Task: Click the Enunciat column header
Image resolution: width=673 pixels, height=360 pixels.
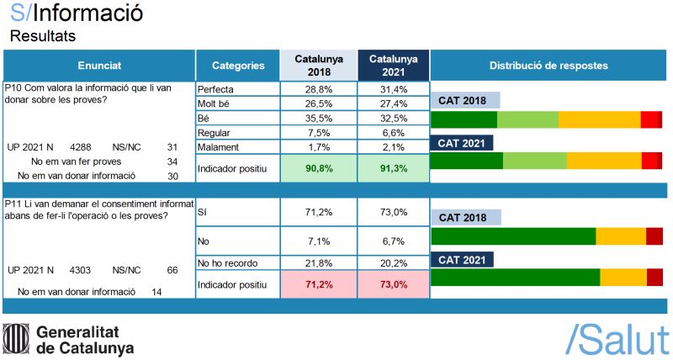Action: (x=99, y=66)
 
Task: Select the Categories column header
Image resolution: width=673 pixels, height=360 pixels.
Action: (x=238, y=66)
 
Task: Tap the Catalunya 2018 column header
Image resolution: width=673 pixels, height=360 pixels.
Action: (x=318, y=66)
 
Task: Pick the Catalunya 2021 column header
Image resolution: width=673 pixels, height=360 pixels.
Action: (x=394, y=66)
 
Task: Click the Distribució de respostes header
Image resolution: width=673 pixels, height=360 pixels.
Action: (x=548, y=66)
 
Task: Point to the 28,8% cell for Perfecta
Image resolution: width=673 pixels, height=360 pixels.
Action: (x=318, y=89)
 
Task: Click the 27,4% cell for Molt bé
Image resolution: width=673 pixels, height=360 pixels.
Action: (x=394, y=103)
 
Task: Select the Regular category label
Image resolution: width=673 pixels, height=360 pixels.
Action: (x=214, y=133)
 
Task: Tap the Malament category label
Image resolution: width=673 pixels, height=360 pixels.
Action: (x=218, y=147)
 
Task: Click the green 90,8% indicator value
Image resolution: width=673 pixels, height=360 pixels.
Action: (x=318, y=168)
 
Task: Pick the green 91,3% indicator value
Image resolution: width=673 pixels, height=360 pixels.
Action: (x=394, y=168)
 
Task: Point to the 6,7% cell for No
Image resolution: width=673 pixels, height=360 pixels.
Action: (x=394, y=241)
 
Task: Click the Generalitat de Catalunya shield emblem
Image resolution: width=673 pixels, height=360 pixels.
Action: (x=16, y=339)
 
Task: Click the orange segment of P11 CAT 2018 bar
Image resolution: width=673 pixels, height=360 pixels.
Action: (x=621, y=236)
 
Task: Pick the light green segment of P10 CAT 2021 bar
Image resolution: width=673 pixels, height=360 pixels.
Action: (x=535, y=161)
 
